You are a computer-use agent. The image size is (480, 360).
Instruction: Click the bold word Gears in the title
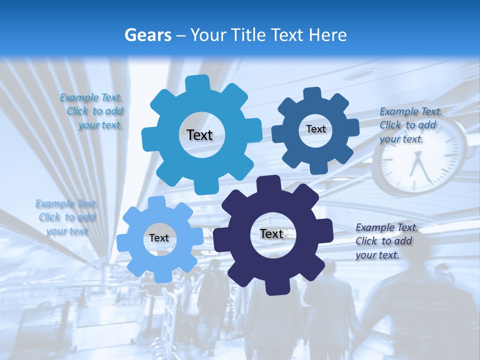point(147,35)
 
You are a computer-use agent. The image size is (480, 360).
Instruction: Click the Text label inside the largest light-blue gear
point(199,135)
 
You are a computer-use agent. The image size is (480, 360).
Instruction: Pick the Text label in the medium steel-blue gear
point(315,129)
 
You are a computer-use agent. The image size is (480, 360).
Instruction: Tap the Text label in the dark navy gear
point(271,233)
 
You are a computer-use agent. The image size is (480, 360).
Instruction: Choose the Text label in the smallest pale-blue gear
point(159,238)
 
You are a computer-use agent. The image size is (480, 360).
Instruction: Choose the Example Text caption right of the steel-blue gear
point(410,125)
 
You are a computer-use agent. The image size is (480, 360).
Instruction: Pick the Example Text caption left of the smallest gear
point(66,217)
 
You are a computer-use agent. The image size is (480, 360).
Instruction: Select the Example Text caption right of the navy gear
point(386,241)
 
